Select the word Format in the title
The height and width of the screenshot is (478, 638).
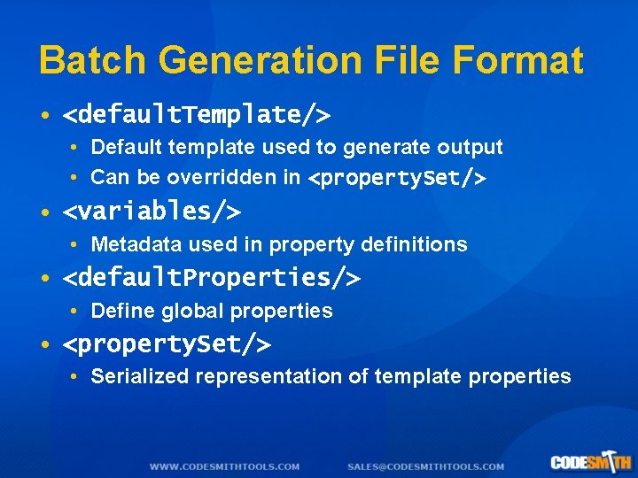517,60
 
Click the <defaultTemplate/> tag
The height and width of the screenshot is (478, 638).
196,115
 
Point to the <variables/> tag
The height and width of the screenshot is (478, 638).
152,212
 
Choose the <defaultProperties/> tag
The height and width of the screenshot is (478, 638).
211,278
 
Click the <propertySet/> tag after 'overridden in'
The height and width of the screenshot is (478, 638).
396,178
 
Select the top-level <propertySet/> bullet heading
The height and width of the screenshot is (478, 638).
167,343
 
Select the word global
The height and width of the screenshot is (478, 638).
194,311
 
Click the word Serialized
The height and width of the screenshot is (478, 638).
140,376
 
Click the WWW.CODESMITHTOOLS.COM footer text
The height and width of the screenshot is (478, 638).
224,466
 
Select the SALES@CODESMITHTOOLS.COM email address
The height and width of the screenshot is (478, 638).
425,466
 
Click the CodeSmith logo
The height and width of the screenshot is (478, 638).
589,462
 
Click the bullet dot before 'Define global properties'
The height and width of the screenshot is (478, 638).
76,312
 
